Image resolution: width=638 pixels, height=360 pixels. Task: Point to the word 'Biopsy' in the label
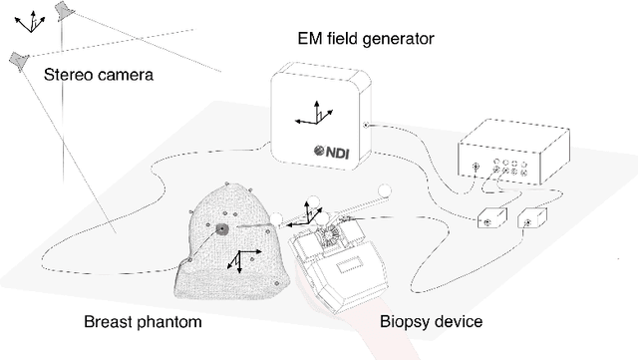click(406, 322)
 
